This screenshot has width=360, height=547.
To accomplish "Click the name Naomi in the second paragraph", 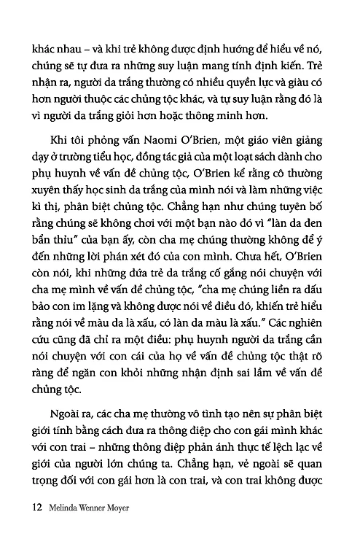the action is point(146,142).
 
